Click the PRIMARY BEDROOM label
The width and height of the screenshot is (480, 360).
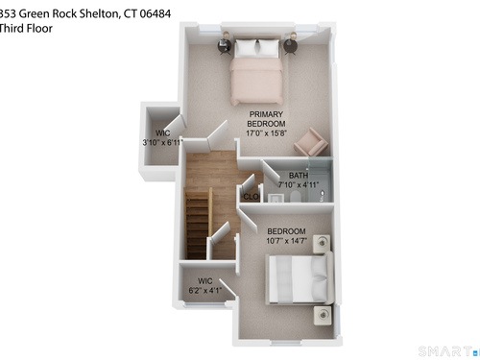[x=266, y=119]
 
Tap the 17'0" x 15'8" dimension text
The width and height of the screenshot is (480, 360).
[x=266, y=133]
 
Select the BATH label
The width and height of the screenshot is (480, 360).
[x=299, y=176]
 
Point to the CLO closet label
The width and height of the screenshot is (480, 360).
[x=251, y=197]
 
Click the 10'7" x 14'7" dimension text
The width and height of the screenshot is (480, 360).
[x=286, y=241]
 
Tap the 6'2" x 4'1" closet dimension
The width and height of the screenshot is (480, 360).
[x=204, y=290]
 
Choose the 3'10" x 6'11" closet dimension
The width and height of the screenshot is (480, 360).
[x=162, y=142]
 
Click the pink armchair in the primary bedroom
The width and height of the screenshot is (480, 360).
[x=311, y=142]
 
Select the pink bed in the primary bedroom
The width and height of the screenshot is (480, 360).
[x=256, y=72]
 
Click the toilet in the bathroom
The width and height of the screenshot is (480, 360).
[x=295, y=197]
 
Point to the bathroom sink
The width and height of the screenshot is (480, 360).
[x=276, y=198]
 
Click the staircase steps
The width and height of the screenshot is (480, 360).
[x=197, y=224]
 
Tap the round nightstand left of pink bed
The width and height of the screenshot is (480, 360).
[x=225, y=46]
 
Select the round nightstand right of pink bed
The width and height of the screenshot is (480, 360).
[x=291, y=46]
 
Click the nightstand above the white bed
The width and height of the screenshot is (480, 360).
[x=323, y=243]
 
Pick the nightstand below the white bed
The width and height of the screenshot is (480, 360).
[x=323, y=315]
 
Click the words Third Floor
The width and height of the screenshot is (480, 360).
[x=26, y=29]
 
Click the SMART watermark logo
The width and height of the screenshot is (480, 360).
[x=445, y=351]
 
